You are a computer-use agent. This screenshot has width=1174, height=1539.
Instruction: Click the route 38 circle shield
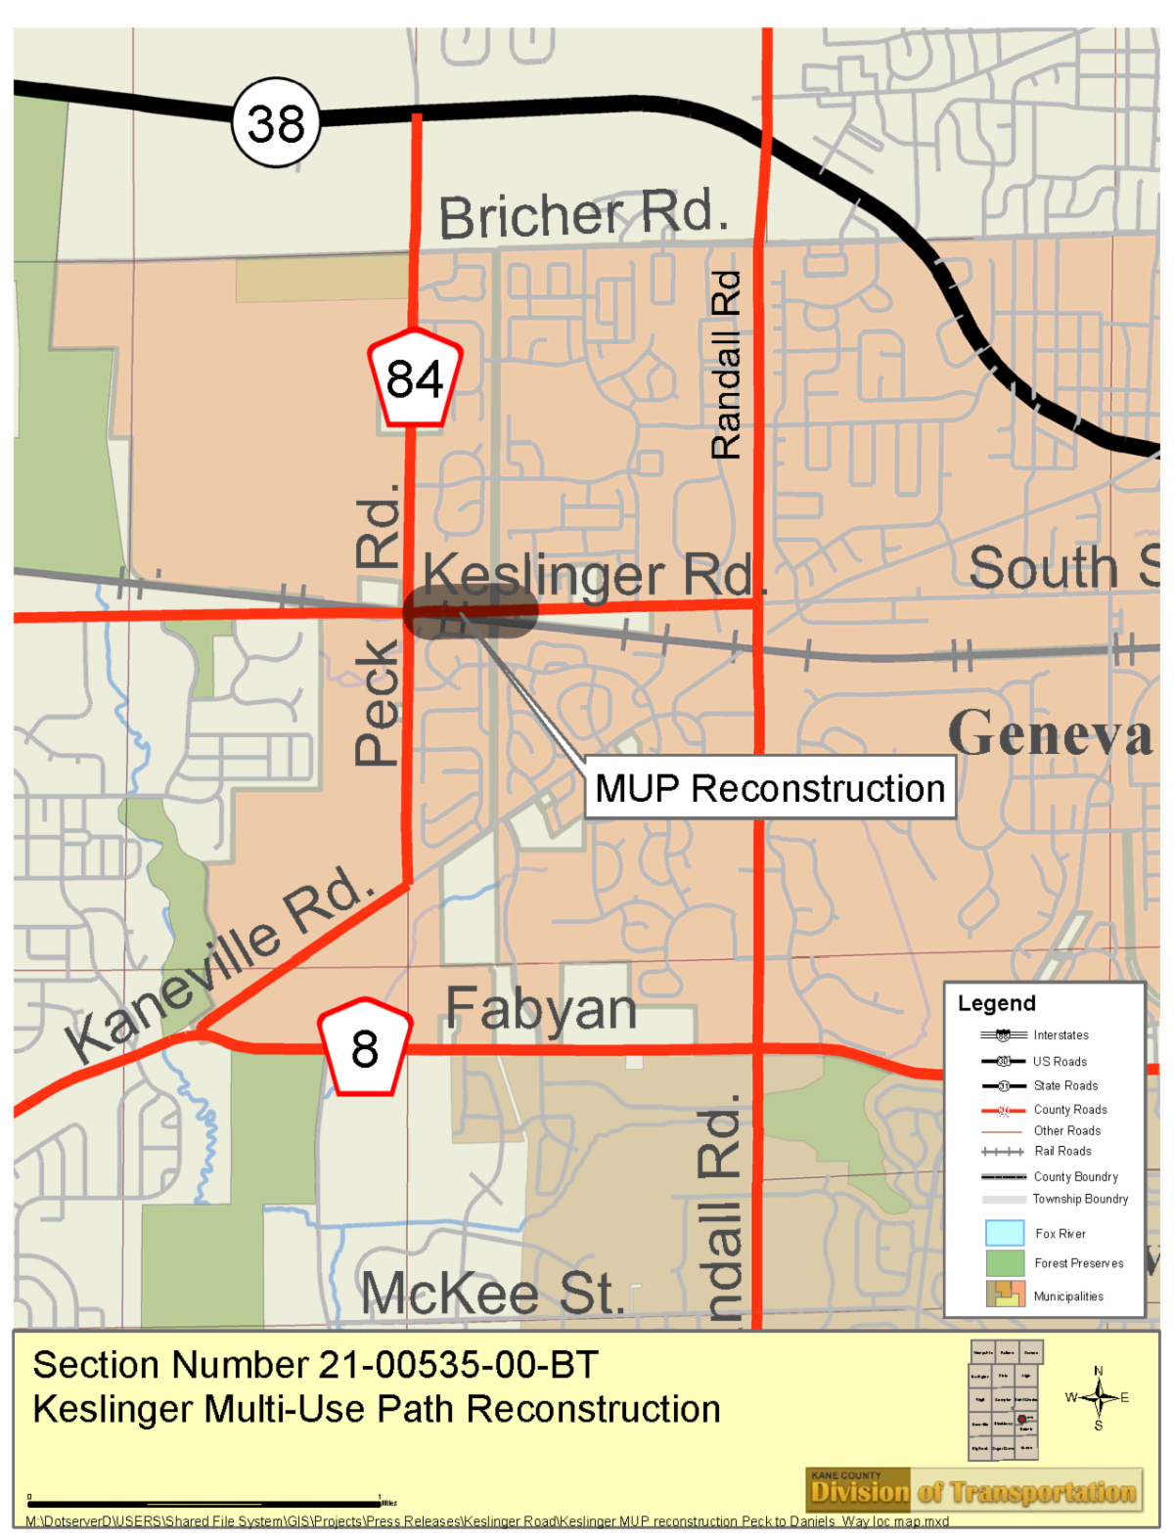coord(276,123)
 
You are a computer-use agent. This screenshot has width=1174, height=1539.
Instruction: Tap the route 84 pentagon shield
coord(415,378)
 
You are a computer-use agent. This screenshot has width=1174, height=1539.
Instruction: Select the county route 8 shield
coord(364,1048)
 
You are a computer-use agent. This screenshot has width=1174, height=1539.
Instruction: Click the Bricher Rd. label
coord(583,215)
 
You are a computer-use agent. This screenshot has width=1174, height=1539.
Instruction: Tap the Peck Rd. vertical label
coord(378,626)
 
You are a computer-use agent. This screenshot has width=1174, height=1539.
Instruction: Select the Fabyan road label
coord(541,1009)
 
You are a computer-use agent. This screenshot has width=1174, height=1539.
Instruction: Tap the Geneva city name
coord(1051,733)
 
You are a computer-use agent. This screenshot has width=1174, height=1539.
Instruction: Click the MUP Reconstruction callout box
coord(770,788)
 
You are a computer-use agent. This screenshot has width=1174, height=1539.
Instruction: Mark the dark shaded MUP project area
coord(471,613)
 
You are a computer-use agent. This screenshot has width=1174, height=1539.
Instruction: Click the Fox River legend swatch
coord(1005,1233)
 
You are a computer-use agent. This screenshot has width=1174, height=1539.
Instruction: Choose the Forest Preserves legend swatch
coord(1005,1263)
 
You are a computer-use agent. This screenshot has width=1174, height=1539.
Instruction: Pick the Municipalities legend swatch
coord(1005,1295)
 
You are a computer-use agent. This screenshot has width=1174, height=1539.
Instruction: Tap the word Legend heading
coord(996,1003)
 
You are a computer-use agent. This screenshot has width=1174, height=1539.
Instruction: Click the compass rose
coord(1098,1398)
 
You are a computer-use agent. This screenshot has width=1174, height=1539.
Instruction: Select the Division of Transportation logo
coord(974,1491)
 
